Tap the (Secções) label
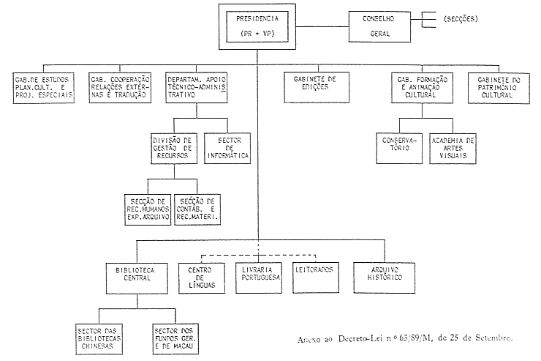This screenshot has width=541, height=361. tap(461, 18)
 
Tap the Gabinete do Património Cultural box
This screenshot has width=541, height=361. tap(499, 87)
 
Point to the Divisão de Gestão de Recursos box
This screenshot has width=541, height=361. tap(173, 147)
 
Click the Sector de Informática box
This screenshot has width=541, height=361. tap(227, 146)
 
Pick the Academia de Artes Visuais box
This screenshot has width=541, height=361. tap(453, 148)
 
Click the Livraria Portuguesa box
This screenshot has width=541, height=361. tap(260, 275)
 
